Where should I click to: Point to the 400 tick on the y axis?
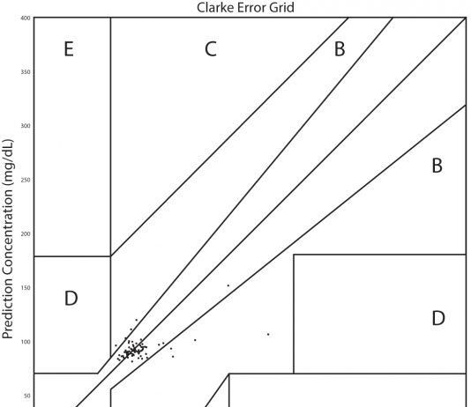point(26,18)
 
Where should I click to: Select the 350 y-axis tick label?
point(26,72)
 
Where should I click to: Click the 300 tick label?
point(26,126)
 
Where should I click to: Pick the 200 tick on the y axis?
point(26,234)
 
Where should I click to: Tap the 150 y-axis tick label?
point(26,288)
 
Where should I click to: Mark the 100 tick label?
point(26,342)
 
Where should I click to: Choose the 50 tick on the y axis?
point(27,396)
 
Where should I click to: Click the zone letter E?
point(69,49)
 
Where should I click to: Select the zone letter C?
point(211,49)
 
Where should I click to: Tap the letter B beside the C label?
point(340,49)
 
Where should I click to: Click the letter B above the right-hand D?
point(437,166)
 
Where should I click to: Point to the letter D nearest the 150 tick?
point(71,299)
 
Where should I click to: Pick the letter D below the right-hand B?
point(438,318)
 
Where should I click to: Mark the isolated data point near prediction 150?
point(228,285)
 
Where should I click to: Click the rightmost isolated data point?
point(268,334)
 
